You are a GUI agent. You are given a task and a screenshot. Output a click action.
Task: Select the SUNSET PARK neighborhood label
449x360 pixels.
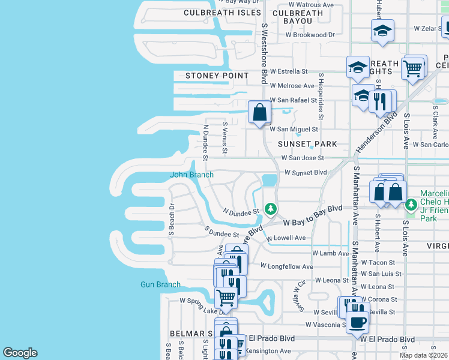point(307,145)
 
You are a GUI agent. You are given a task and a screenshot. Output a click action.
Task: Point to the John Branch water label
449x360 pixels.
point(192,175)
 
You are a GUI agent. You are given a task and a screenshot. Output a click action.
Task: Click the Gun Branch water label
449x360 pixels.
point(160,284)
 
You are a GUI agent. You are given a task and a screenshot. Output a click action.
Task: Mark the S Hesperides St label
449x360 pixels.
point(322,96)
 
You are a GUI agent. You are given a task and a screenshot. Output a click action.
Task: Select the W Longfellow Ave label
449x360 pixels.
point(286,266)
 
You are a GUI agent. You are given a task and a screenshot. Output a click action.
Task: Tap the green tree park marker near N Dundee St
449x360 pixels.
point(271,209)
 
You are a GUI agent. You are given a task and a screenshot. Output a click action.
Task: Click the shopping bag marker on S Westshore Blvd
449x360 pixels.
point(259,112)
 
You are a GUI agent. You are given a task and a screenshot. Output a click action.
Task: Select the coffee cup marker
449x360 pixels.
point(358,321)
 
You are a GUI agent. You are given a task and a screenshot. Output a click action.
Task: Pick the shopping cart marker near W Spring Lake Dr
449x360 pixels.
point(226,297)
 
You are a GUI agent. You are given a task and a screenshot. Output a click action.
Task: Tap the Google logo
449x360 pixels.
point(20,353)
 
